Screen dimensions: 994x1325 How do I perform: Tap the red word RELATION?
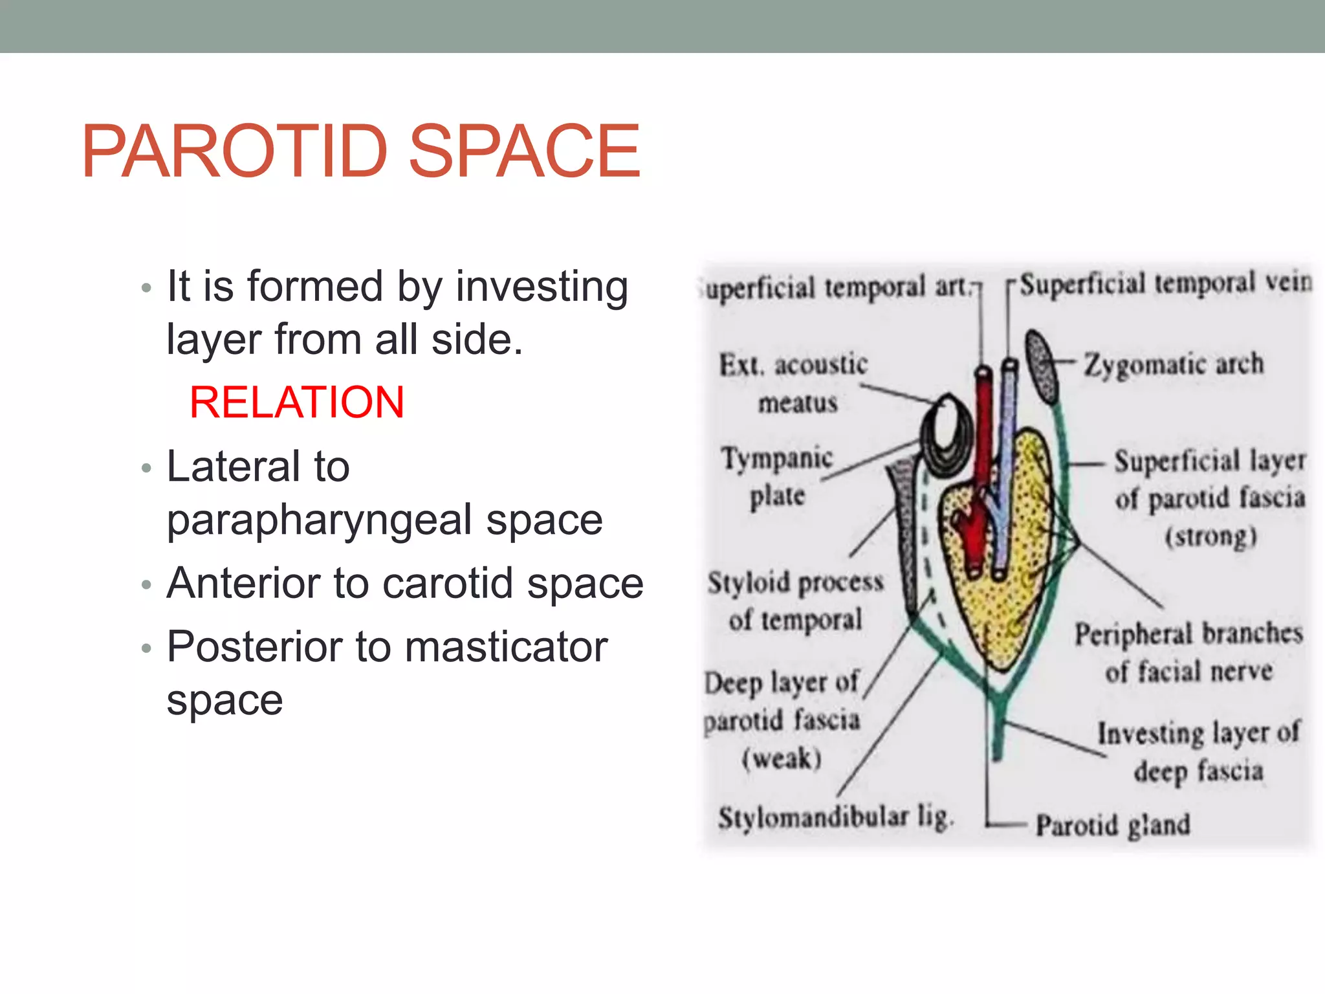[x=297, y=403]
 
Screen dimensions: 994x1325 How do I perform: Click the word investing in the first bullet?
[x=542, y=287]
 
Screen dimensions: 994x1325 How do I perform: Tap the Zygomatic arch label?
[x=1173, y=364]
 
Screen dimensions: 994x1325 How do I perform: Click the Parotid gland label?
[x=1112, y=825]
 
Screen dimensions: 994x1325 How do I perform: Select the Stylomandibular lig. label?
[x=835, y=817]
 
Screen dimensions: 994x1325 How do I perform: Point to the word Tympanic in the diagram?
[x=777, y=458]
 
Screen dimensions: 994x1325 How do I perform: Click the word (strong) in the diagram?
[x=1210, y=537]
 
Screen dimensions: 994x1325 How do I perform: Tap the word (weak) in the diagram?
[x=782, y=758]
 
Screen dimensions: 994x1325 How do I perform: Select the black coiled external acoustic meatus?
[x=946, y=435]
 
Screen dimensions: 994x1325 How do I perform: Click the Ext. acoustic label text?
[x=793, y=365]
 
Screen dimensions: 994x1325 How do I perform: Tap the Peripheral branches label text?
[x=1188, y=634]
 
